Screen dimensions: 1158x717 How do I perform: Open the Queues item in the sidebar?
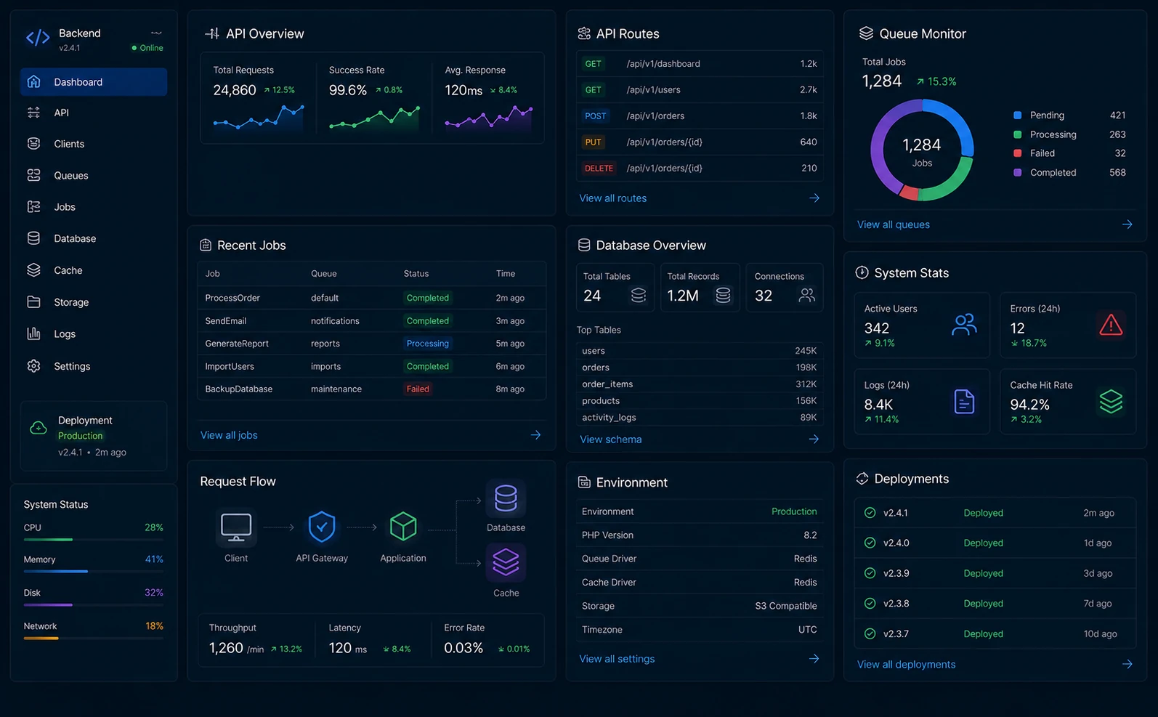tap(70, 175)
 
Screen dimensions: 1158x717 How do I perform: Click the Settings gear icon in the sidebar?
tap(33, 366)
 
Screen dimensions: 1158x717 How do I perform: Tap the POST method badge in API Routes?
tap(595, 116)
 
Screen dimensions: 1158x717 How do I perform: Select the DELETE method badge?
tap(599, 168)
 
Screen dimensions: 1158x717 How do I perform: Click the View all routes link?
tap(612, 198)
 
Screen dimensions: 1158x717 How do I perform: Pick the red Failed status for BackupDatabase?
tap(418, 389)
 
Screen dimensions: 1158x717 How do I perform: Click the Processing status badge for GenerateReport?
tap(427, 344)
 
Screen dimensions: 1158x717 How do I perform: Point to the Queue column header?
tap(323, 273)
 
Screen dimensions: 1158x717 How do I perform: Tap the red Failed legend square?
tap(1017, 153)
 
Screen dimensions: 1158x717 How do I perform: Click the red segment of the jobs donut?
tap(909, 193)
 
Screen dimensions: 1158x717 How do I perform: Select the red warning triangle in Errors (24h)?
tap(1111, 325)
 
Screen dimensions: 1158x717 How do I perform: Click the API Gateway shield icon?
tap(322, 527)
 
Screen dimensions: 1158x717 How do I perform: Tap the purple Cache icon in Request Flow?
tap(506, 562)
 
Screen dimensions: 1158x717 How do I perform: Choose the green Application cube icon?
tap(403, 526)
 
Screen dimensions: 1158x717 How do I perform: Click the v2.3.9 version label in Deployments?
tap(896, 573)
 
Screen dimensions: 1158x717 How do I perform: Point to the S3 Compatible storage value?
tap(786, 606)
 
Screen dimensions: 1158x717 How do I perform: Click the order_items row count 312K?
tap(806, 384)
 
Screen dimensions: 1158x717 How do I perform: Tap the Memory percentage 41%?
tap(154, 559)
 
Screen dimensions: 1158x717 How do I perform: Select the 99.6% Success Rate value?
tap(347, 91)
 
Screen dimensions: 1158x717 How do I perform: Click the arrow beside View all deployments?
tap(1127, 664)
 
